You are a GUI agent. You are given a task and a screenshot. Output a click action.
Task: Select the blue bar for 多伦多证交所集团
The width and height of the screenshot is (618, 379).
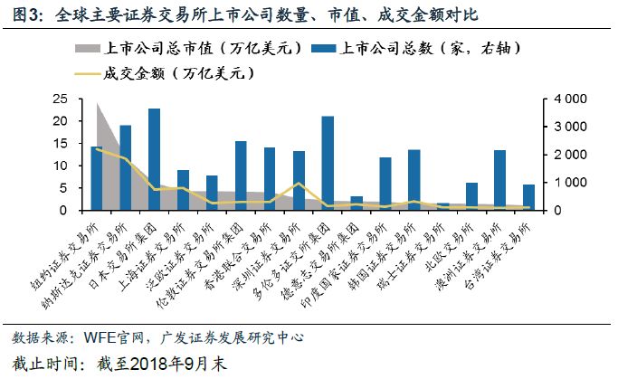(x=327, y=164)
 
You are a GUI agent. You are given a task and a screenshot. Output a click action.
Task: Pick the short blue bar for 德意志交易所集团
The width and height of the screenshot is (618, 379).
(x=356, y=204)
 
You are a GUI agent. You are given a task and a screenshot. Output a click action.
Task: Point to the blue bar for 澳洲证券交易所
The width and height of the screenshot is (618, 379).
(x=499, y=181)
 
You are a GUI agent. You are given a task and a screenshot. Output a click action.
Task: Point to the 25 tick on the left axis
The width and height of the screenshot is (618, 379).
(x=61, y=99)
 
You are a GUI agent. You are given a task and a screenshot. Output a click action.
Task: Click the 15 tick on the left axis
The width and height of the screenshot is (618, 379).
(x=61, y=144)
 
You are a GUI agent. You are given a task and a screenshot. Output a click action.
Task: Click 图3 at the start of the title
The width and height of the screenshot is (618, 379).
(x=24, y=15)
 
